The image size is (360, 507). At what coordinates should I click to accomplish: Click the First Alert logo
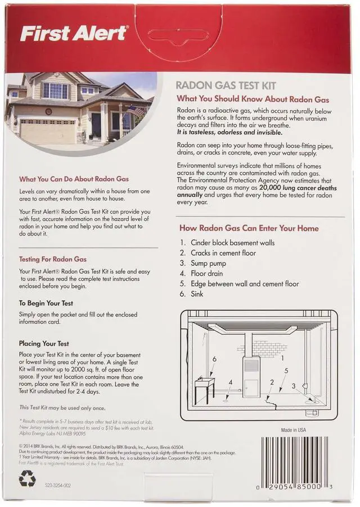pyautogui.click(x=73, y=33)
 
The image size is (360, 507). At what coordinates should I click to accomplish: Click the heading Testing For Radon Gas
pyautogui.click(x=53, y=259)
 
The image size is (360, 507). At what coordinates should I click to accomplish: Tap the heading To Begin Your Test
pyautogui.click(x=49, y=302)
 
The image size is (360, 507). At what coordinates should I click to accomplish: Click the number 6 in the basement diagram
pyautogui.click(x=214, y=358)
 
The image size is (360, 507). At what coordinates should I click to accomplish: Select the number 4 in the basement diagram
pyautogui.click(x=230, y=383)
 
